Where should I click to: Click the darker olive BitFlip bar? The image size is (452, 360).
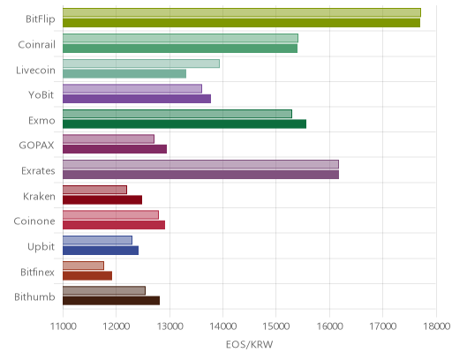(x=241, y=23)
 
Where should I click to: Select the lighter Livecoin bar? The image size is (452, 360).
(x=141, y=64)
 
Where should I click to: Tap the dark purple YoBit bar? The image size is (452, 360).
(x=137, y=99)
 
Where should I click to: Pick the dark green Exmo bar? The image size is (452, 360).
(x=185, y=124)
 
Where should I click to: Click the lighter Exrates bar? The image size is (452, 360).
(x=200, y=164)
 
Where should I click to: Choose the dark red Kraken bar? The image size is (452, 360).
(x=102, y=200)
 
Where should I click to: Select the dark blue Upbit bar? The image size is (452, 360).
(x=101, y=251)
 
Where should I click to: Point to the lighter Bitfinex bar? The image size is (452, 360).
(x=83, y=266)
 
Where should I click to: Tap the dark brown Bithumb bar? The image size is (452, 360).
(x=111, y=301)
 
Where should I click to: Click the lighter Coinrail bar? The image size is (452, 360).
(x=180, y=38)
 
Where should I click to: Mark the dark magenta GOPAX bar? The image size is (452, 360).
(x=115, y=149)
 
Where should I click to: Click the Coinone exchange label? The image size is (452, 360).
(x=34, y=221)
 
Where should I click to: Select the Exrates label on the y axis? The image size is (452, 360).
(x=38, y=171)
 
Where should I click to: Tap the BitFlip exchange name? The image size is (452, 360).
(x=41, y=19)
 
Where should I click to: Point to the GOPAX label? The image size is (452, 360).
(x=36, y=146)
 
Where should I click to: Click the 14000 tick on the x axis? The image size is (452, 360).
(x=222, y=326)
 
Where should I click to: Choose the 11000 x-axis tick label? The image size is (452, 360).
(x=64, y=326)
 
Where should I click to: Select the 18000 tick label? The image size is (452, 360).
(x=437, y=326)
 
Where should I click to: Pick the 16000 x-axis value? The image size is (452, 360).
(x=329, y=326)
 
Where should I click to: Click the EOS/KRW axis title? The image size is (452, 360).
(x=250, y=344)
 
